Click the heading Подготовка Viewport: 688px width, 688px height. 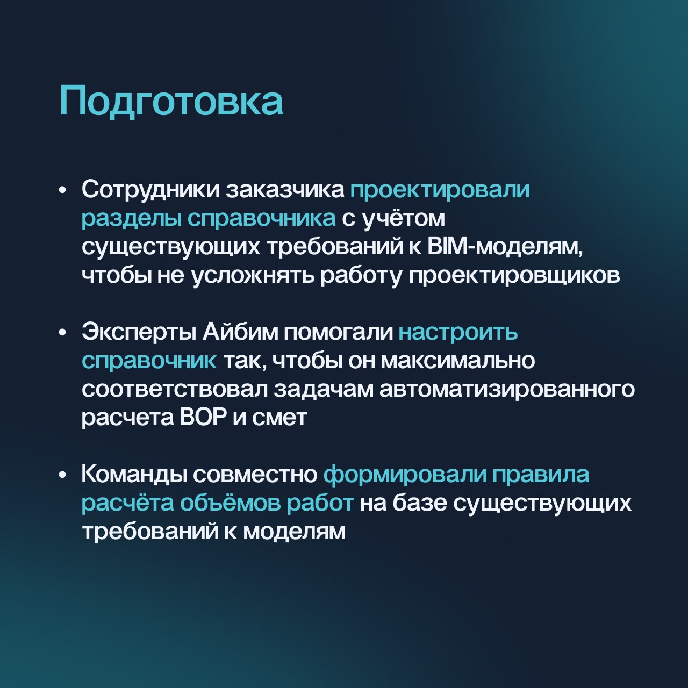coord(171,102)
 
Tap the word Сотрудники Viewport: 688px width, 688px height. coord(150,190)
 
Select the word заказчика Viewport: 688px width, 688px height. coord(284,190)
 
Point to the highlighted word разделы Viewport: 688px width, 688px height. coord(131,219)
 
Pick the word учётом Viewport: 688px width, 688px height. coord(404,218)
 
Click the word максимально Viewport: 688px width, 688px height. coord(458,361)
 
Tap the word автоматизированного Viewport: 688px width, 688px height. coord(507,390)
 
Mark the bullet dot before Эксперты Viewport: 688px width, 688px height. coord(63,333)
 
